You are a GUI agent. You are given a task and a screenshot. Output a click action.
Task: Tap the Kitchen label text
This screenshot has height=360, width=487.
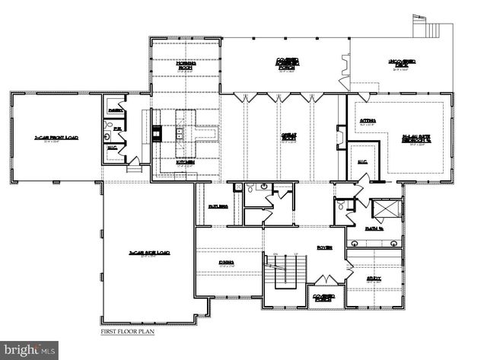(x=186, y=162)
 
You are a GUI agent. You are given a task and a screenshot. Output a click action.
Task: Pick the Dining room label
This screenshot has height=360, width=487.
(x=226, y=263)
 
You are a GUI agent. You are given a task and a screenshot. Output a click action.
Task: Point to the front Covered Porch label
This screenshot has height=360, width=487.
(x=324, y=298)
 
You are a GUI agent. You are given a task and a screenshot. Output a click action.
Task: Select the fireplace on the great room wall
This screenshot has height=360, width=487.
(x=341, y=137)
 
